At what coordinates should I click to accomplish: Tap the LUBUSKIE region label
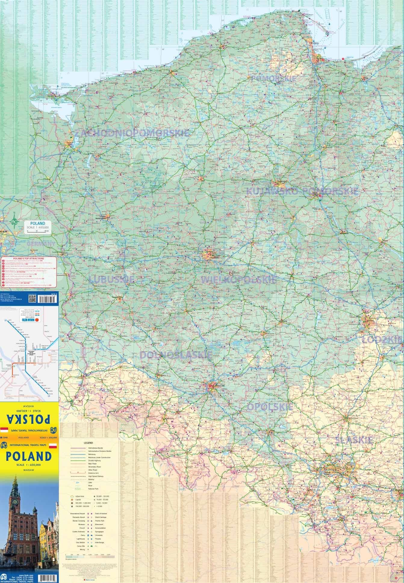pos(111,279)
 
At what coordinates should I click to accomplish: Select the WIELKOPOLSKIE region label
pos(238,280)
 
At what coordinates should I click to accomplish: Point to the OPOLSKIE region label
pos(270,407)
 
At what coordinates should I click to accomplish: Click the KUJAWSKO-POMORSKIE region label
pos(302,191)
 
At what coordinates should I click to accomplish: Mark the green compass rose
pos(14,222)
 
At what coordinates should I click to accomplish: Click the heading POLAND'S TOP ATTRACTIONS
pos(29,258)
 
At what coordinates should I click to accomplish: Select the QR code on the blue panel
pos(32,299)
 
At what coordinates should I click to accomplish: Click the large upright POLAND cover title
pos(29,456)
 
